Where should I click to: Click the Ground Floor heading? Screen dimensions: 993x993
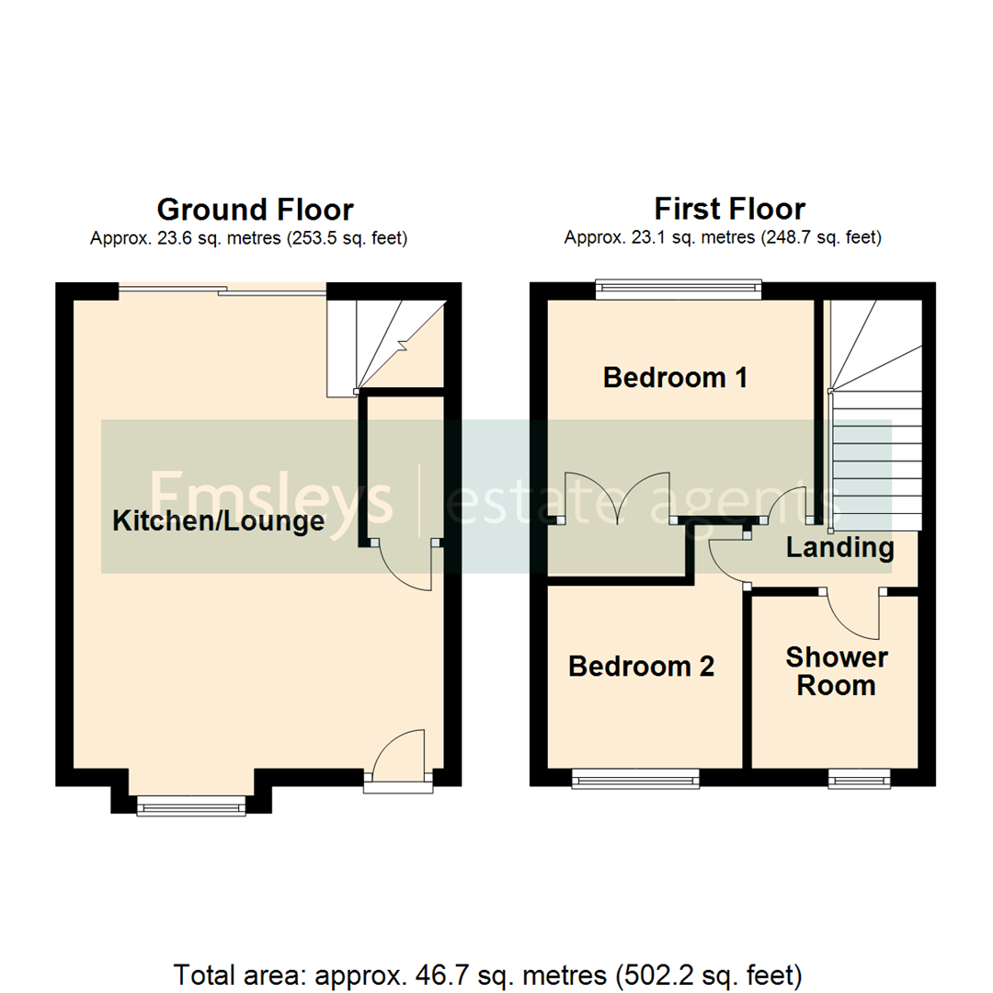click(255, 209)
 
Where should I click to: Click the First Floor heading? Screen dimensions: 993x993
click(729, 209)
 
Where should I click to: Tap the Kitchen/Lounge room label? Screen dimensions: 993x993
click(218, 522)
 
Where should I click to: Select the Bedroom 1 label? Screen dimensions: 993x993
click(676, 378)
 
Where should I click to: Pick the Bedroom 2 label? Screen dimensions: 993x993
click(641, 667)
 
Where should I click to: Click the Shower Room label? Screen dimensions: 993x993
click(836, 671)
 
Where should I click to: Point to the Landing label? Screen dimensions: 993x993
click(839, 549)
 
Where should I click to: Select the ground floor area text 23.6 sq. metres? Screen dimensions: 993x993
click(248, 239)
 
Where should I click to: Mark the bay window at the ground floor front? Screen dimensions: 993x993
click(191, 806)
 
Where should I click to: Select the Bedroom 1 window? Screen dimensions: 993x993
click(679, 290)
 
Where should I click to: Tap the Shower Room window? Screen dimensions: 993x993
click(859, 781)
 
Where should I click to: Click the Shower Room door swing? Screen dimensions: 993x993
click(855, 614)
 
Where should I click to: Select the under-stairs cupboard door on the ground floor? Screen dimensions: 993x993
click(405, 565)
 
